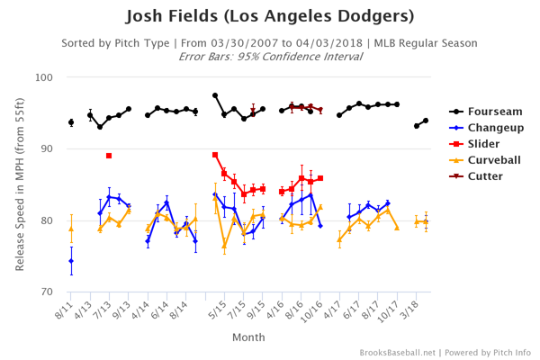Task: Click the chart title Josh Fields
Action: click(x=270, y=16)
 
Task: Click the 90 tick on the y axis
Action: click(x=48, y=148)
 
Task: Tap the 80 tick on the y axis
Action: click(x=48, y=220)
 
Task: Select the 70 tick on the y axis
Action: click(x=48, y=292)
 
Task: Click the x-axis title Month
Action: click(x=249, y=337)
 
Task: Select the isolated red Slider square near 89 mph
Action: click(x=109, y=156)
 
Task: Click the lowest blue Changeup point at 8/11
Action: click(x=71, y=261)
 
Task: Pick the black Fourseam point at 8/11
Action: click(x=71, y=122)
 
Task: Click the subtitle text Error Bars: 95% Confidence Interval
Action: click(x=270, y=56)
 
